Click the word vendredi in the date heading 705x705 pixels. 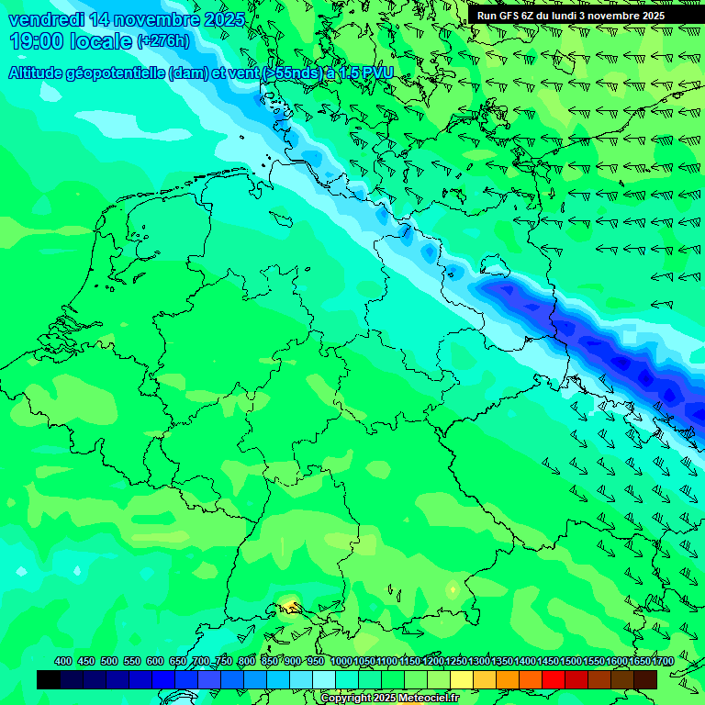(x=47, y=19)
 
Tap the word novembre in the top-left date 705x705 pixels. (x=161, y=19)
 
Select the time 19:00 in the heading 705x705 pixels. (x=36, y=41)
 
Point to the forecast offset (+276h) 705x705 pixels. (x=163, y=41)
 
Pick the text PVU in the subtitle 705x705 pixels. (x=377, y=73)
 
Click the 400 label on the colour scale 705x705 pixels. (x=63, y=662)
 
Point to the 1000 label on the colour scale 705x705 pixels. (x=341, y=662)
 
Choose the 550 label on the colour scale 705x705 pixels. (x=132, y=662)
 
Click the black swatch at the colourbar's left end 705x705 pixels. (x=49, y=679)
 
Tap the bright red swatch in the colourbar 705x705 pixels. (x=554, y=679)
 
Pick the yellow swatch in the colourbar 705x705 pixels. (x=462, y=679)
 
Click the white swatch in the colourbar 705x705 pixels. (x=324, y=679)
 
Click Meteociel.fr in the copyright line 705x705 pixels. (x=427, y=699)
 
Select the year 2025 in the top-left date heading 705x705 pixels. (x=224, y=19)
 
